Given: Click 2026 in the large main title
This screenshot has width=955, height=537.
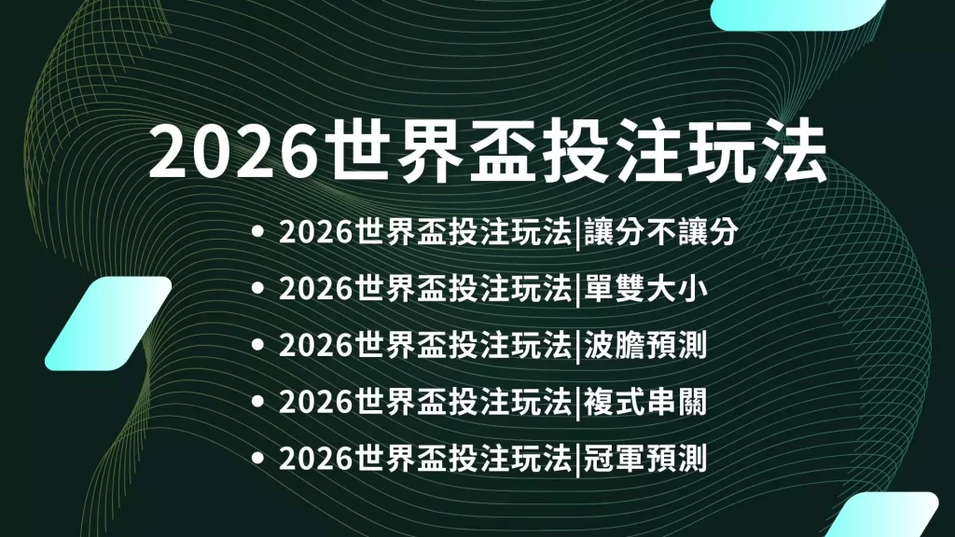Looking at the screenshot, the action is [234, 152].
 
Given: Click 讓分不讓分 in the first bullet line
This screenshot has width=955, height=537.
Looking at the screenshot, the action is [661, 231].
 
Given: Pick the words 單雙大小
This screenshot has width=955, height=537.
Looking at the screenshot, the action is [645, 288].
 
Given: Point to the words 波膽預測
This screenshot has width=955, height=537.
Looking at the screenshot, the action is [645, 345].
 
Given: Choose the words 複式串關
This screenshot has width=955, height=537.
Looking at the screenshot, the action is [645, 402].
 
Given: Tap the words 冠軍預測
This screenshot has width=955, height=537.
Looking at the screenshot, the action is [645, 459].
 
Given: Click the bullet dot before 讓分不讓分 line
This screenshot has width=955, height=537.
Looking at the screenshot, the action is [257, 232].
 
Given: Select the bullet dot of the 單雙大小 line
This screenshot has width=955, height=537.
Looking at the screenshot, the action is [257, 289].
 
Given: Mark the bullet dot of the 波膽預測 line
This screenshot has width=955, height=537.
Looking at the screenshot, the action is [257, 345].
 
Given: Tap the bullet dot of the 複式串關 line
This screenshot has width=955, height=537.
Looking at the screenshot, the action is [257, 402].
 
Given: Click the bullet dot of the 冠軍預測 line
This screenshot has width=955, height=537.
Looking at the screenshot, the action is [257, 459].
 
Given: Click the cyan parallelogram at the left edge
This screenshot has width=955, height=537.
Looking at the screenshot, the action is [108, 324].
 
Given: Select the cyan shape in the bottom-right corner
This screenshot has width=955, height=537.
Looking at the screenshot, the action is [883, 515].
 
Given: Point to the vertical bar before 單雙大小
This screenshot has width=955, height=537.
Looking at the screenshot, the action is [577, 289].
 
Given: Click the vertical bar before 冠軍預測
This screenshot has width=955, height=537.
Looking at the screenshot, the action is [577, 460].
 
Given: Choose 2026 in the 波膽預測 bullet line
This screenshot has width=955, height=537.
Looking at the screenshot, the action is [316, 346].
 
